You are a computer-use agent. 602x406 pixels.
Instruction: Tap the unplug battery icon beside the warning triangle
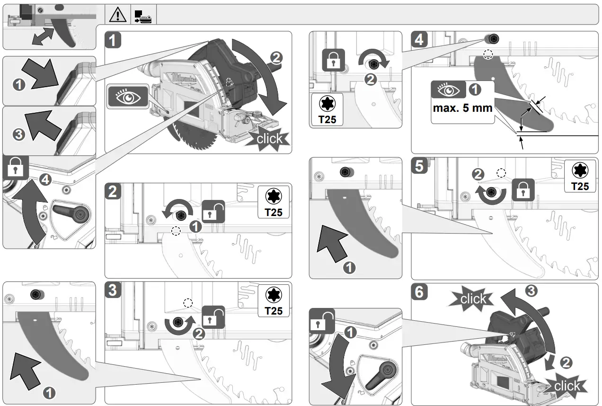143,15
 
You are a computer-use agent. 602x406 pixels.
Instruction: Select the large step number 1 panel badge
113,40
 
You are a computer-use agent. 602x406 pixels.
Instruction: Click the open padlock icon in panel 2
213,212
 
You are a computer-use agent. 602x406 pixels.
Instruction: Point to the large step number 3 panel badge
113,290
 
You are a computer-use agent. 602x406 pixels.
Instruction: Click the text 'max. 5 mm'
462,108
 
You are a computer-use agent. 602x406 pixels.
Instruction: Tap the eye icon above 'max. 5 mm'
448,90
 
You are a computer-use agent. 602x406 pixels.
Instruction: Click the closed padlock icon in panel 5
522,190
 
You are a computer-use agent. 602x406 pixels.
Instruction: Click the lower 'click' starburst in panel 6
566,386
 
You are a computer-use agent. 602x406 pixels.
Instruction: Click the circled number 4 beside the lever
45,180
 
